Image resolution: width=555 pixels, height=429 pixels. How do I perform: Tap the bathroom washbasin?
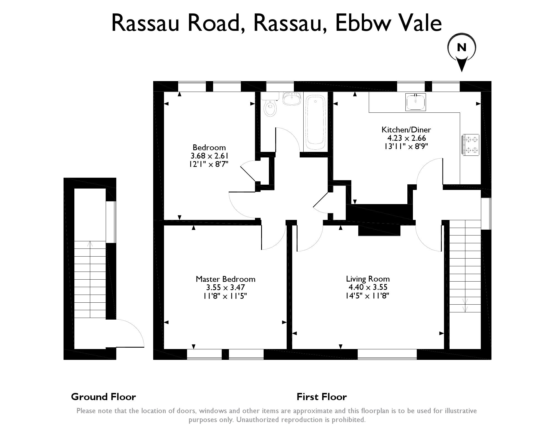point(291,99)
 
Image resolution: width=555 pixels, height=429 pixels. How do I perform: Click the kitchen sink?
point(415,102)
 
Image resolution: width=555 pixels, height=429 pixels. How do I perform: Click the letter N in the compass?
point(462,48)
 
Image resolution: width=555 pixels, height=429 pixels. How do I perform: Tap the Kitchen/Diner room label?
point(406,130)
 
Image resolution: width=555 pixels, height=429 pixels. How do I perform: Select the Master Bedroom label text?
point(225,279)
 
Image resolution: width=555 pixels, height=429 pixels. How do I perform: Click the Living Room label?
point(368,279)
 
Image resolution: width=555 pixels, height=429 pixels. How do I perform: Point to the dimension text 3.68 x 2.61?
point(210,155)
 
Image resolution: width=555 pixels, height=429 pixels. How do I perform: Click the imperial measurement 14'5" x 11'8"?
point(367,296)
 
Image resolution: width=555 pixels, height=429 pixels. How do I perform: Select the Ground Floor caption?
point(104,397)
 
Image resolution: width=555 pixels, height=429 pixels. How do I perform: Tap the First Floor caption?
point(322,397)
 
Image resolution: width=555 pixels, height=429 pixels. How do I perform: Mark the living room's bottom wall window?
point(387,354)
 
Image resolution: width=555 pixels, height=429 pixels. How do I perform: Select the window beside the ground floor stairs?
point(111,222)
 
